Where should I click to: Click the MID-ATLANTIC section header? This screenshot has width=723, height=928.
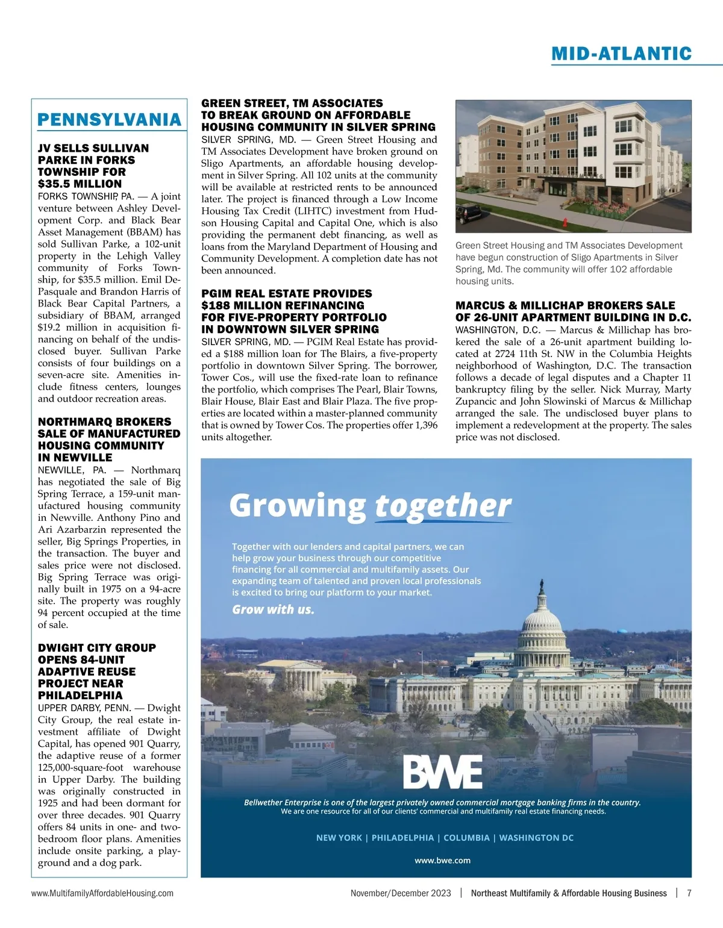pos(621,54)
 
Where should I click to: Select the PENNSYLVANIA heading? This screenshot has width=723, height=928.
pos(109,119)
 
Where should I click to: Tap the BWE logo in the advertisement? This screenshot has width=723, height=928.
pos(442,773)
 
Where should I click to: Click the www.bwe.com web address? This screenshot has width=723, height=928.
pos(442,860)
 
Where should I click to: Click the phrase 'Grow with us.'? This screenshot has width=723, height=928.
pos(273,609)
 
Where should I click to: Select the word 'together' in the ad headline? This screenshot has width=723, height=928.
pos(443,506)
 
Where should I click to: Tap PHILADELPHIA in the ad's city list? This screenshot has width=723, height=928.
pos(402,838)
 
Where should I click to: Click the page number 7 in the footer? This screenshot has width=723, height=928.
pos(689,893)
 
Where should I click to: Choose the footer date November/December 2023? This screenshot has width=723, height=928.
pos(401,893)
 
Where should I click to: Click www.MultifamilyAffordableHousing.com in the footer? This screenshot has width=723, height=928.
pos(102,893)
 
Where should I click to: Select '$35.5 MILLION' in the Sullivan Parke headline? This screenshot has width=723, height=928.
pos(80,184)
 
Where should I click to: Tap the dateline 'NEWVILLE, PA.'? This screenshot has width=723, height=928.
pos(72,470)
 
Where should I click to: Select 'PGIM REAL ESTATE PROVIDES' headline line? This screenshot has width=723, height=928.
pos(286,293)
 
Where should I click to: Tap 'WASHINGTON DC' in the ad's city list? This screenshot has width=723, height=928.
pos(536,838)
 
